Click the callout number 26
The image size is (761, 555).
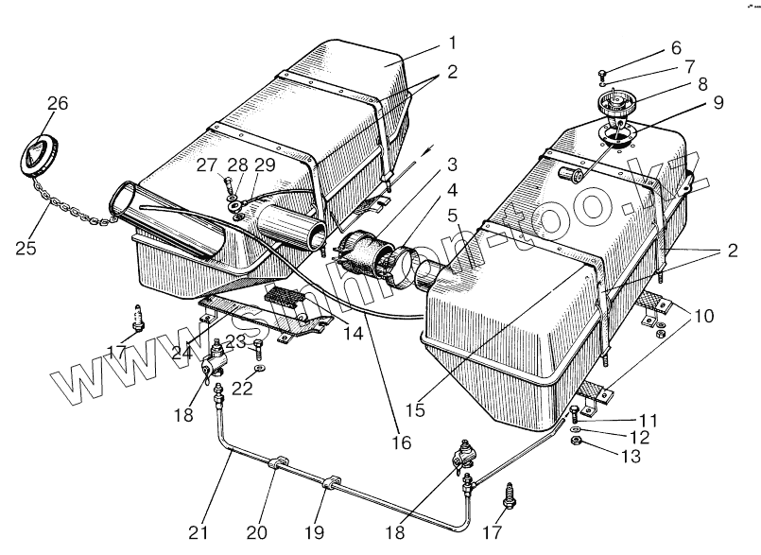pos(58,104)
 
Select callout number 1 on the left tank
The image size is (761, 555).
pos(453,43)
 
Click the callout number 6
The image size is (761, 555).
pos(675,48)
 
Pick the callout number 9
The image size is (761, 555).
pos(718,102)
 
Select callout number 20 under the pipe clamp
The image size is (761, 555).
pos(256,531)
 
